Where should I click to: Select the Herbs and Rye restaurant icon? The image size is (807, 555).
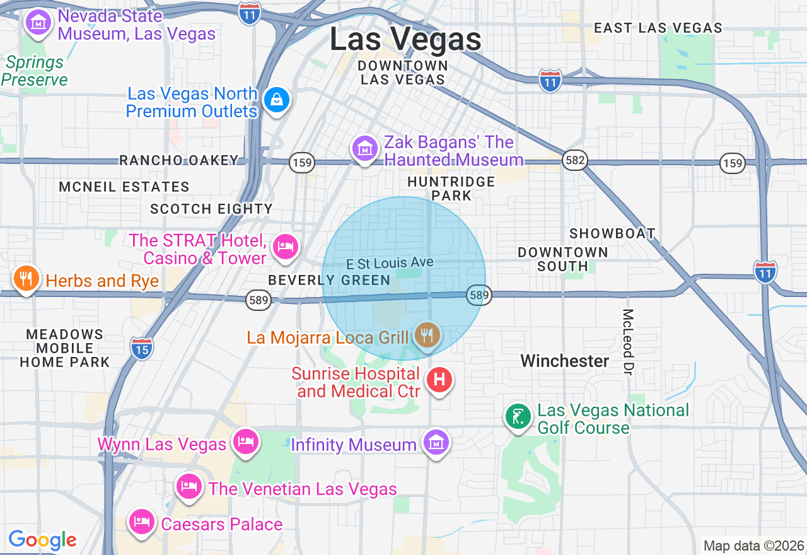(x=26, y=279)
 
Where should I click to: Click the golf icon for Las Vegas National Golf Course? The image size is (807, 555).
(x=518, y=417)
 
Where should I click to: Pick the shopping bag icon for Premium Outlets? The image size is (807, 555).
(x=276, y=100)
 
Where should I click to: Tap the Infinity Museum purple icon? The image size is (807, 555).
(x=436, y=443)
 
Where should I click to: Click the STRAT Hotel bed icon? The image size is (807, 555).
(x=286, y=247)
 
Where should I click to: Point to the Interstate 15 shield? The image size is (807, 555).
(x=141, y=348)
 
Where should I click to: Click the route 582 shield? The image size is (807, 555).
(x=575, y=161)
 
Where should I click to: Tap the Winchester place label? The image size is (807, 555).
(x=565, y=361)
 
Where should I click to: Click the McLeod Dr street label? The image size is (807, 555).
(x=628, y=339)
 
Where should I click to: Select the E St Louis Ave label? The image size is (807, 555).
(x=390, y=262)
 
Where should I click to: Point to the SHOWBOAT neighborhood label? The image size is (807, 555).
(x=612, y=233)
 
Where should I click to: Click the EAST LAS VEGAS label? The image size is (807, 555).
(x=658, y=28)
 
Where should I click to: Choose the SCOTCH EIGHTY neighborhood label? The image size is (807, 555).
(x=211, y=209)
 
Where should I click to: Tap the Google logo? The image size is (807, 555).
(x=42, y=540)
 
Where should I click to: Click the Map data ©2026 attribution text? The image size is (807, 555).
(x=753, y=546)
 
